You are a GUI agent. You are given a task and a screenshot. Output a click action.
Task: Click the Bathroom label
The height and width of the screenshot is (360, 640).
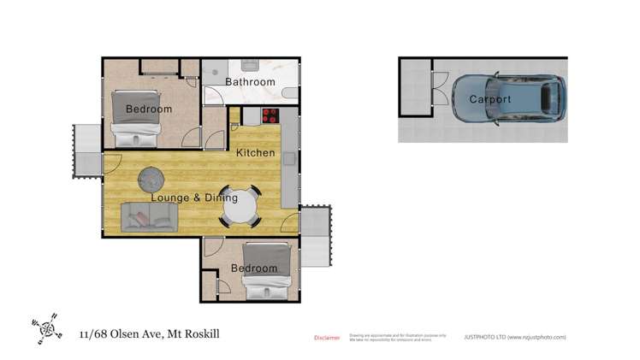(250, 82)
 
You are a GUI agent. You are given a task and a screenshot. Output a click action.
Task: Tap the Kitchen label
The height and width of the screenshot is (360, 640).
(256, 153)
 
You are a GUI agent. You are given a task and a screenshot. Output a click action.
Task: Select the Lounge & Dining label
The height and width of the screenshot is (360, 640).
(194, 198)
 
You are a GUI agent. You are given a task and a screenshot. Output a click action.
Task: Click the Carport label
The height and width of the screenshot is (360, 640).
(490, 100)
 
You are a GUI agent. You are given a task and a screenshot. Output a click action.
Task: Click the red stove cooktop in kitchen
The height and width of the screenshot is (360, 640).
(270, 116)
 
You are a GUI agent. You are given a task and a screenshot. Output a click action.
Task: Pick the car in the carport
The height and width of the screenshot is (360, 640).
(507, 99)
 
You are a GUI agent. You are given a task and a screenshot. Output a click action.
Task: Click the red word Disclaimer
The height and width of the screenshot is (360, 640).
(327, 338)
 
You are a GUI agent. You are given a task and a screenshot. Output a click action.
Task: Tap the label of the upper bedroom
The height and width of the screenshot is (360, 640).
(149, 109)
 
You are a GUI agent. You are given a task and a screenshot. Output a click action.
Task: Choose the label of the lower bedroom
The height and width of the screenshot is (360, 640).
(255, 269)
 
